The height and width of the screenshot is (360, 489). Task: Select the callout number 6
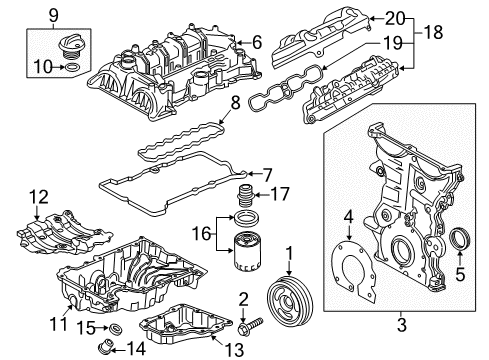(257, 41)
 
